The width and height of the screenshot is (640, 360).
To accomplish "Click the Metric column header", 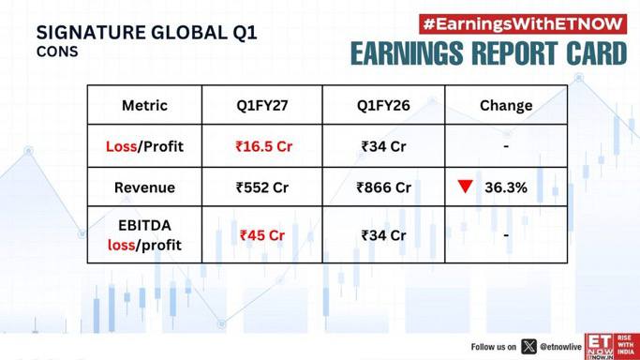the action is [x=144, y=105].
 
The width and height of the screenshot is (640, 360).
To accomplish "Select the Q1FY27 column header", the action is [x=262, y=105].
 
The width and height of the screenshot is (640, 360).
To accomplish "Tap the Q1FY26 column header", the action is [x=383, y=105].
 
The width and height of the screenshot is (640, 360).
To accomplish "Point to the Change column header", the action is [x=506, y=106].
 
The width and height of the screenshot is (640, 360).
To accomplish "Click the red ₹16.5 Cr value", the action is [x=263, y=146].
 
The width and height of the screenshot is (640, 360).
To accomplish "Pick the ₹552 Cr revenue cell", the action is [x=262, y=187].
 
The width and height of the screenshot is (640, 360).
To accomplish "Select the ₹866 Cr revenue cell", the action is [x=383, y=187].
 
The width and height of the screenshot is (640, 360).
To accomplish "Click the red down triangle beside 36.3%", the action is [x=466, y=186].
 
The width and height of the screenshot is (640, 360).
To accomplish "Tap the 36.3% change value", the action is [x=506, y=187].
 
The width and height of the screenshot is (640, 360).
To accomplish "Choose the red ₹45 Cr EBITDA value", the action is [x=262, y=235].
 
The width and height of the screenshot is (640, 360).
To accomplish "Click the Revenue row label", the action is [x=144, y=187].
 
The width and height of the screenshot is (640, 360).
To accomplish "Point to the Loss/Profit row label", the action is [x=144, y=146].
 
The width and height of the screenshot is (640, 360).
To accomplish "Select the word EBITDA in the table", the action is [x=144, y=225].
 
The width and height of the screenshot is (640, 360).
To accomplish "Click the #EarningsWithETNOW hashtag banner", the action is [x=523, y=24].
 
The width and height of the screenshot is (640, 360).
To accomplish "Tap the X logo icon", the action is [x=529, y=347].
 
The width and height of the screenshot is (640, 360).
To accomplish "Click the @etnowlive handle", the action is [x=560, y=347].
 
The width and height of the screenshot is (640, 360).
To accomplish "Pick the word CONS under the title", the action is [x=57, y=52].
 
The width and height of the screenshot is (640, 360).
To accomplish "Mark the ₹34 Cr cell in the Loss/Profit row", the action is [x=383, y=146].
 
